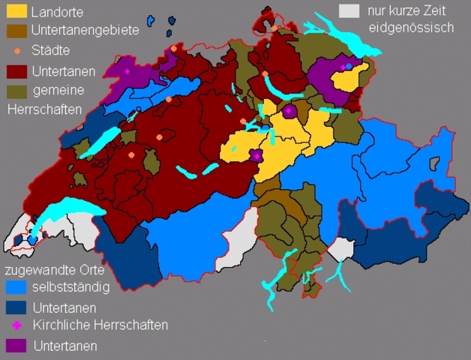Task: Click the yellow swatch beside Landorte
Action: (16, 11)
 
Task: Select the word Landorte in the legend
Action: (58, 13)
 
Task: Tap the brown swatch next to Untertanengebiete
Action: (16, 31)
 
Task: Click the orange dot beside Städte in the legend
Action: (17, 51)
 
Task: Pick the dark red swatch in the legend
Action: (16, 72)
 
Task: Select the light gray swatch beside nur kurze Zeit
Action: (349, 11)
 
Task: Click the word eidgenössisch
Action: (411, 28)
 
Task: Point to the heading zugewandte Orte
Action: (54, 269)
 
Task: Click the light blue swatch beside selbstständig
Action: (15, 288)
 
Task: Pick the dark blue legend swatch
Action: (15, 307)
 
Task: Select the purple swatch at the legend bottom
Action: (15, 345)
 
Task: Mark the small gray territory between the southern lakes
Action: (341, 250)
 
